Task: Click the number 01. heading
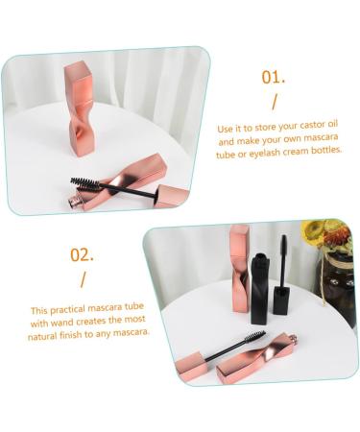(x=274, y=77)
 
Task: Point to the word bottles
(x=321, y=151)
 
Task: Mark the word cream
(x=294, y=151)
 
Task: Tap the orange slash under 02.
(x=82, y=279)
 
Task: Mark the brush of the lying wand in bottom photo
(x=252, y=338)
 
